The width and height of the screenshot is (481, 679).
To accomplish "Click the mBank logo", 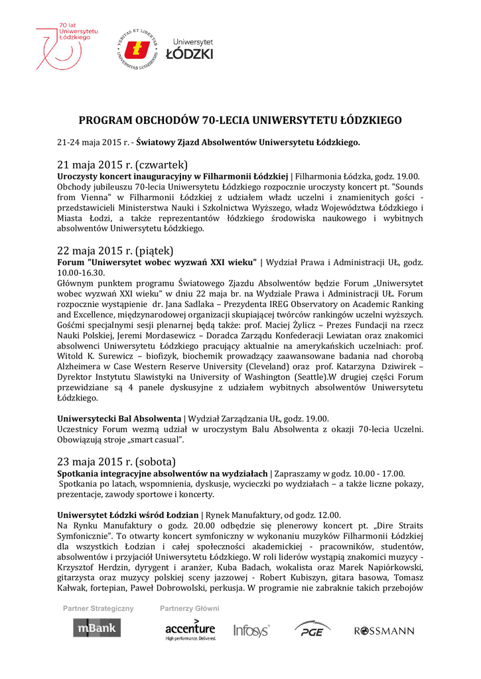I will [x=97, y=627].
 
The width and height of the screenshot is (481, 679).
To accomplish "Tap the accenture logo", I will [x=190, y=629].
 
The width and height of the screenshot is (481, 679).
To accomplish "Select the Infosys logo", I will [x=251, y=630].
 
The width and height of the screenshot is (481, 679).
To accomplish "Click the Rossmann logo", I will [x=385, y=631].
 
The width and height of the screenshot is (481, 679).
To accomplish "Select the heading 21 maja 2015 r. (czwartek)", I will [x=123, y=164].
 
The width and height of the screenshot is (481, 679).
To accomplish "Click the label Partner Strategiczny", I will [x=98, y=608].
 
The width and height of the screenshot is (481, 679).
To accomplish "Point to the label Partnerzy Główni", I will [x=189, y=608].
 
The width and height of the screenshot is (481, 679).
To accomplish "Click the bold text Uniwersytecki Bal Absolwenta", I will [x=119, y=418].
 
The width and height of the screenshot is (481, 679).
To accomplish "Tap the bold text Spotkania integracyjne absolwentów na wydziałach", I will [x=163, y=473].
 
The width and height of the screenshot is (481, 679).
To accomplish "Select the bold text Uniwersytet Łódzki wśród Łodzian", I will [x=129, y=515].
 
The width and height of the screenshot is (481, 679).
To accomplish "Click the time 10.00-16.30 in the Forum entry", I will [x=81, y=273].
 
